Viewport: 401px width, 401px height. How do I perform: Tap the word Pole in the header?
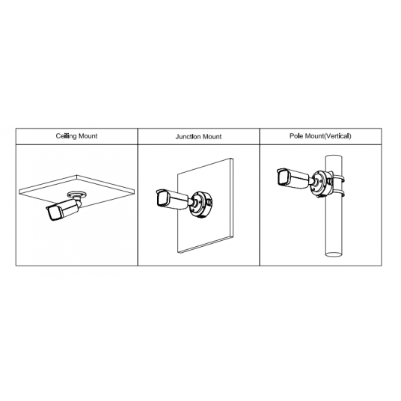coord(296,136)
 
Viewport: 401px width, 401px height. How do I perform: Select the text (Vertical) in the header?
coord(337,136)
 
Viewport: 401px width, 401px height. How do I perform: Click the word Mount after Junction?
coord(212,137)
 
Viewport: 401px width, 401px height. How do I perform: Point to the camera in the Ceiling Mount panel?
coord(64,209)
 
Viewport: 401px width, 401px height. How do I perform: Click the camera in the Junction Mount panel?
coord(173,199)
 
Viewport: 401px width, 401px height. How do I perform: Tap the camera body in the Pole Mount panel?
coord(293,178)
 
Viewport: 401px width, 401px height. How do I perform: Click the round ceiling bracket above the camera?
coord(76,195)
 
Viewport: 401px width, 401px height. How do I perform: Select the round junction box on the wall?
coord(201,204)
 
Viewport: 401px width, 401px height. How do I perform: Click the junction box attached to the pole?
coord(322,183)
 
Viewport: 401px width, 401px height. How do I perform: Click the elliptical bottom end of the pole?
coord(334,254)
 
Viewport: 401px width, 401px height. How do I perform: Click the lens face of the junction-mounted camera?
coord(162,198)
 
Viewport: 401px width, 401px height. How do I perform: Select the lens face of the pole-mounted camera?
coord(283,177)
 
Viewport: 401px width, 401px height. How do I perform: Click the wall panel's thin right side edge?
coord(231,198)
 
